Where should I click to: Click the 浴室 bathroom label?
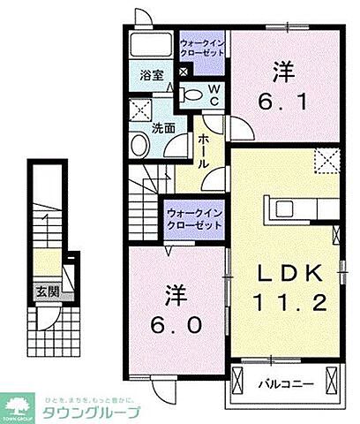click(150, 77)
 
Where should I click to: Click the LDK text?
click(284, 270)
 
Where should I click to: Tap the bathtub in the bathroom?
click(153, 47)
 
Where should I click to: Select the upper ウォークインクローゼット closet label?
click(202, 47)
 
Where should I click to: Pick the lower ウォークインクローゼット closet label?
click(194, 219)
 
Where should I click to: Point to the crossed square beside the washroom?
click(139, 111)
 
